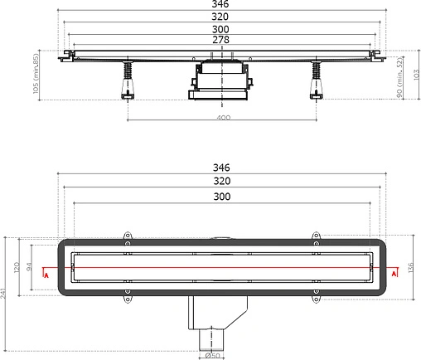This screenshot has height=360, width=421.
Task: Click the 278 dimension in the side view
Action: tap(221, 39)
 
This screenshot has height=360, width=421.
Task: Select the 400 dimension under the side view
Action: tap(221, 117)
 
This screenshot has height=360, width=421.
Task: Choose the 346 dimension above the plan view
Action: tap(221, 168)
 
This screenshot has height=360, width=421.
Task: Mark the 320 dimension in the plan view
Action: tap(221, 182)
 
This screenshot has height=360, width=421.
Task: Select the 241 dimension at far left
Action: tap(6, 290)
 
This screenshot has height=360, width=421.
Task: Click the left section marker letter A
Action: tap(47, 273)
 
